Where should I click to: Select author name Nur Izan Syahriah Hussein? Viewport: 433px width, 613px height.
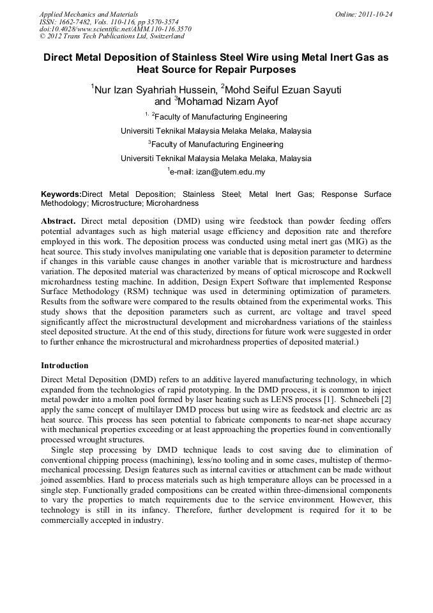153,89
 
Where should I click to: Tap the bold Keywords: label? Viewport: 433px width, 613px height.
61,194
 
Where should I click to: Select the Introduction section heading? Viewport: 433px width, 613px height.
65,366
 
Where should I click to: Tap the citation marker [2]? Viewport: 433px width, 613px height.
386,398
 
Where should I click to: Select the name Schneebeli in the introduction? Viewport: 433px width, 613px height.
356,398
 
